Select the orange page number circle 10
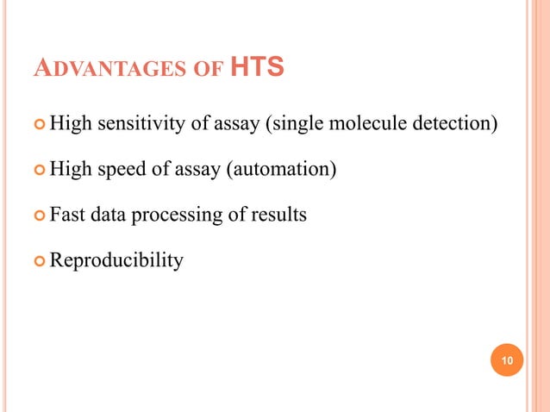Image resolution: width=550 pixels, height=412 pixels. pos(507,359)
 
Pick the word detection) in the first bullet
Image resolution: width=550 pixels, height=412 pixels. pos(458,126)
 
